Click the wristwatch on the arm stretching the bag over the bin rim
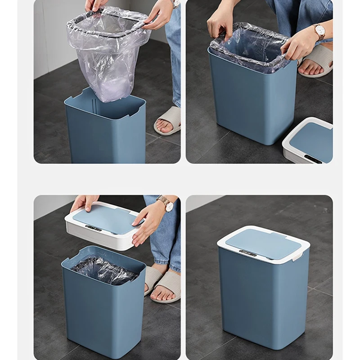point(320,31)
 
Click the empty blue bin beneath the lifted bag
point(105,130)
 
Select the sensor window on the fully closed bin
point(247,253)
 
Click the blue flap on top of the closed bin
point(263,243)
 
